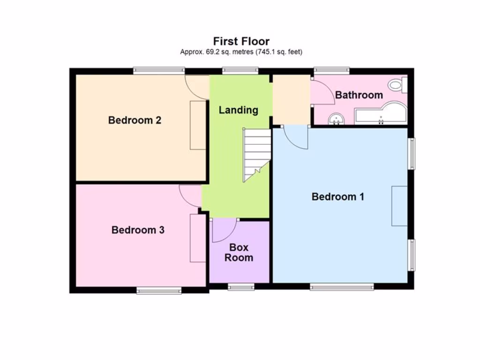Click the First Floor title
point(241,41)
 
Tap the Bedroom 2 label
point(135,120)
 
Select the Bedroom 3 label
point(138,230)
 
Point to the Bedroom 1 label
point(337,197)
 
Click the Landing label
point(239,110)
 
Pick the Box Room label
point(239,252)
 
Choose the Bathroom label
point(359,95)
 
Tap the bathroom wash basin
point(336,119)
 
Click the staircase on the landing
point(256,155)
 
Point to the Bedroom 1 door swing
point(296,137)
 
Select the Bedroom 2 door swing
point(197,87)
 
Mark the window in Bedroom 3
point(159,291)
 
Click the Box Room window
point(241,287)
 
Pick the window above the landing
point(240,71)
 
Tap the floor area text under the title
point(241,52)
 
